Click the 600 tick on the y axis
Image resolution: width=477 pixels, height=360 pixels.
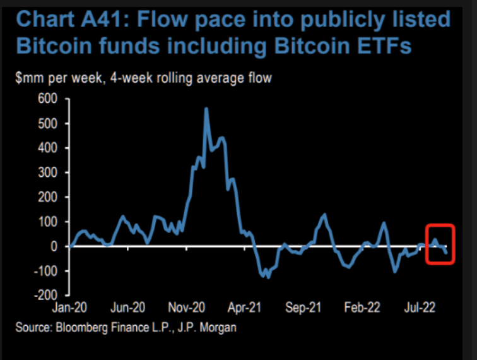49,99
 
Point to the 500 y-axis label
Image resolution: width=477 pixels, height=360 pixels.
49,123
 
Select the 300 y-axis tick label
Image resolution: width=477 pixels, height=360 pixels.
49,172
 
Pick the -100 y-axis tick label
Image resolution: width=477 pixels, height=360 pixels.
46,271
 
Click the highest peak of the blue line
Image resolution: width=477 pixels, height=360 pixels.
206,109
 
